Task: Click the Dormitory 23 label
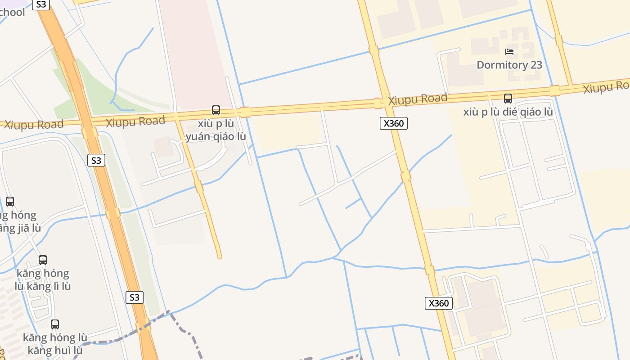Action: pos(509,65)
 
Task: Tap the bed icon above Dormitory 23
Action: pos(509,52)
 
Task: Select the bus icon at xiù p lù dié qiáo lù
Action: pos(508,98)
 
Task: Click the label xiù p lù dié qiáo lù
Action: pos(508,112)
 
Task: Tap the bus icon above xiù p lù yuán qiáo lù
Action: pos(216,110)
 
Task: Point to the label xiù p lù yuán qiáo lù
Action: pos(216,130)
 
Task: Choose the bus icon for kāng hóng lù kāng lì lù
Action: pos(43,260)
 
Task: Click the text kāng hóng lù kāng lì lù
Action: pos(43,279)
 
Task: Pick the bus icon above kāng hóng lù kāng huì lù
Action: pos(55,324)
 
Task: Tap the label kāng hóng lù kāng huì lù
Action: pos(55,344)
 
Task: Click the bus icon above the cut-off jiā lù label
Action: pos(10,201)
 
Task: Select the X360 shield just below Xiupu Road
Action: pos(394,123)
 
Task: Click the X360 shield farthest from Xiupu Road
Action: pos(439,303)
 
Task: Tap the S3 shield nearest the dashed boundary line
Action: pos(134,297)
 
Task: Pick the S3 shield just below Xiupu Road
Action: pos(96,160)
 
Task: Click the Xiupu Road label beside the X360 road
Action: pos(418,99)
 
